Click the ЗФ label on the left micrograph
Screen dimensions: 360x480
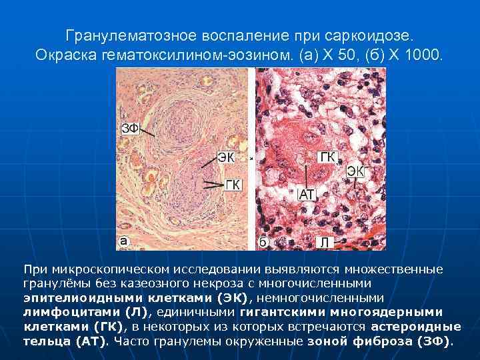129,129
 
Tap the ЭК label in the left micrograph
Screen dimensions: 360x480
226,158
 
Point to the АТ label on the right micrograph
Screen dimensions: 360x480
307,194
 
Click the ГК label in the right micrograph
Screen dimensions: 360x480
327,157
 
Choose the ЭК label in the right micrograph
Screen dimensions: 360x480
355,171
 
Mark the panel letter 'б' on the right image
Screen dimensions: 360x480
263,243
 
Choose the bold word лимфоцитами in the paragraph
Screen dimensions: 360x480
71,311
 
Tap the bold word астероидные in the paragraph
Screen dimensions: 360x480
416,327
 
